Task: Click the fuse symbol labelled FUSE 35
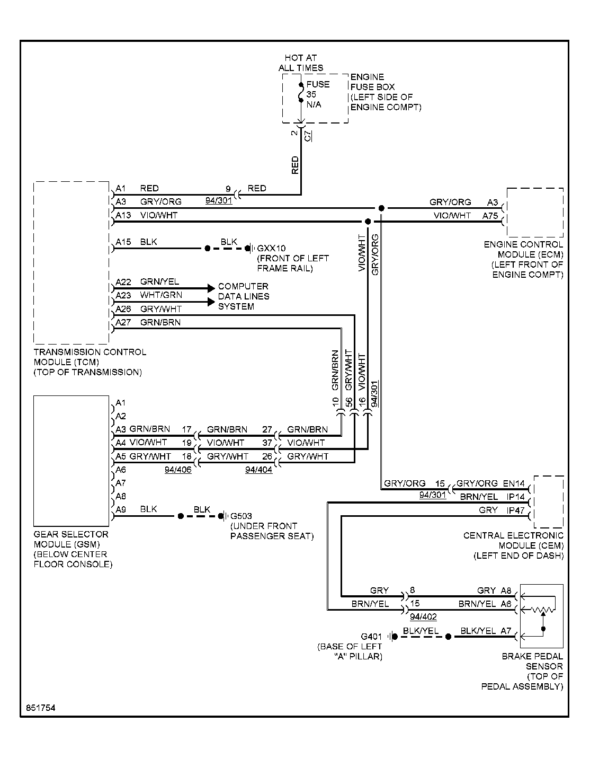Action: click(x=301, y=93)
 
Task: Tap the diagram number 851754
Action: click(x=40, y=708)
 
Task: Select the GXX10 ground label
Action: click(x=271, y=248)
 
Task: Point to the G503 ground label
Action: click(x=241, y=516)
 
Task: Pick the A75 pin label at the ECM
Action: click(x=490, y=216)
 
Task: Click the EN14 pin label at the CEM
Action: click(x=514, y=483)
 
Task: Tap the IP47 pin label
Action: click(x=515, y=510)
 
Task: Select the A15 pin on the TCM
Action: click(x=123, y=242)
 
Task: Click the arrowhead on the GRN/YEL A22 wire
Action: click(x=211, y=288)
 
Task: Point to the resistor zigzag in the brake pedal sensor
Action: click(x=543, y=610)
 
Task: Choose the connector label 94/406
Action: click(x=178, y=470)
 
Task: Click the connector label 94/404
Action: click(x=258, y=470)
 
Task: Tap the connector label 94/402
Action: click(x=423, y=616)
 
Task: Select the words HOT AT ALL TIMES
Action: click(x=301, y=63)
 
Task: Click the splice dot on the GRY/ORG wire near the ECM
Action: click(x=381, y=208)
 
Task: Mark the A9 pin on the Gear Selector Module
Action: click(x=121, y=509)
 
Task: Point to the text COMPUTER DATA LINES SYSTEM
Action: click(x=244, y=296)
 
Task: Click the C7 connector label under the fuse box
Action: click(x=307, y=136)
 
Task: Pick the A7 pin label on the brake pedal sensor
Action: click(x=506, y=631)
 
